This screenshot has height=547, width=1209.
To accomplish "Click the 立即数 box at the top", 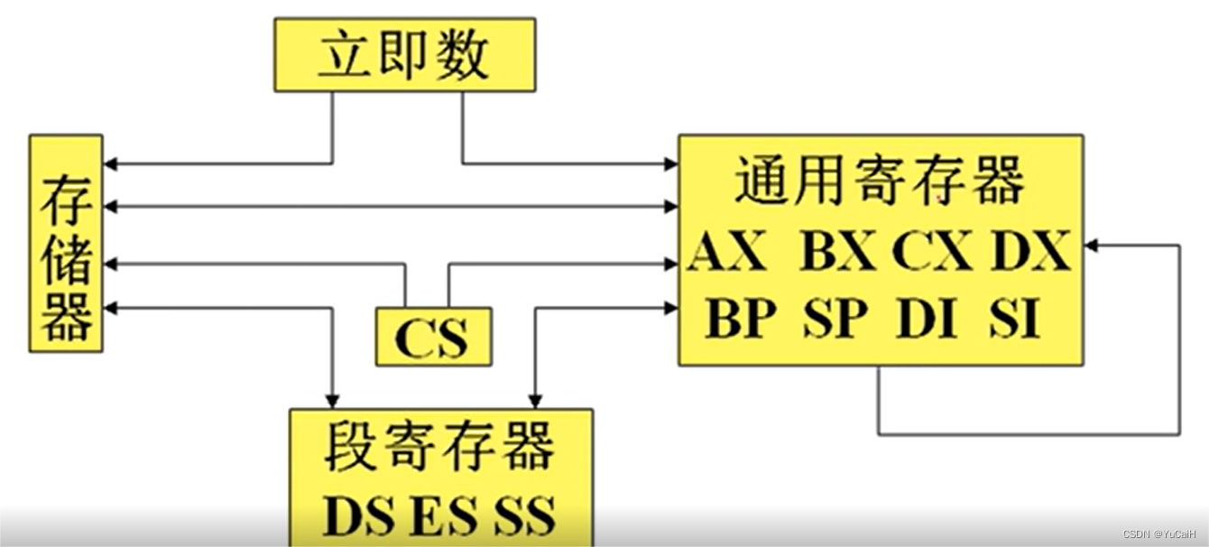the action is [404, 54].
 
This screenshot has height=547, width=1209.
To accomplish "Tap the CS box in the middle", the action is [433, 337].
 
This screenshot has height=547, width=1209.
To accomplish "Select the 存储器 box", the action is [66, 244].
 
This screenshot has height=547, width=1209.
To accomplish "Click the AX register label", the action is [727, 253].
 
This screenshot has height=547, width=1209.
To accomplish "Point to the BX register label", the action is [838, 253].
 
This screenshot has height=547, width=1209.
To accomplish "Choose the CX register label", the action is [932, 253].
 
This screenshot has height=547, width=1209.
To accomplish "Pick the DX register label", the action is [1030, 253].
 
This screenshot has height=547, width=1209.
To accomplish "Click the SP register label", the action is [835, 318].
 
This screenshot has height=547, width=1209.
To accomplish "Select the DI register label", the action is [927, 318].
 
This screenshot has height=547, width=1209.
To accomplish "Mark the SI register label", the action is [1014, 318].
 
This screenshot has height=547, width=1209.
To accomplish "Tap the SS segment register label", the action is [524, 516].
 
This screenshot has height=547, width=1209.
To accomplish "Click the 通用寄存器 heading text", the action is [880, 181].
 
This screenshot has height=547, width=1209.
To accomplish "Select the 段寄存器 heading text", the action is [439, 448].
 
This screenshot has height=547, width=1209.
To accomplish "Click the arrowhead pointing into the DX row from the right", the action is [1091, 246].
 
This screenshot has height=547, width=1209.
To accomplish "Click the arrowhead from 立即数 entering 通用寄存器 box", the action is [671, 164].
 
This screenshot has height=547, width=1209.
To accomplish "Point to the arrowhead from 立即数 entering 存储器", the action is [110, 164].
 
